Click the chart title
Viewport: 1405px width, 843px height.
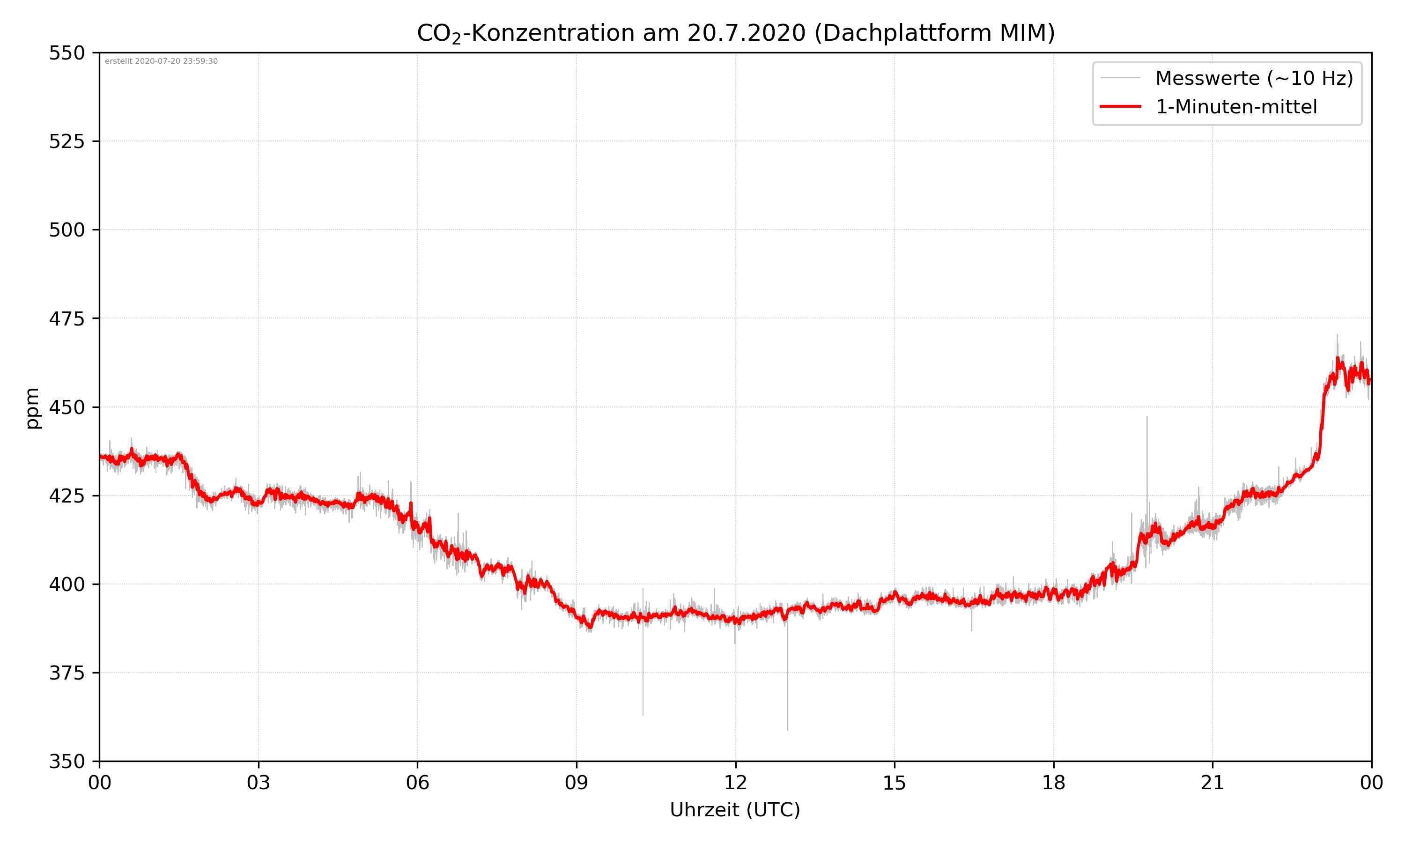(735, 33)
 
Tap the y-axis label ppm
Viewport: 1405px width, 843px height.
(32, 408)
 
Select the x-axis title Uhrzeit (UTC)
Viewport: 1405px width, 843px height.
(735, 809)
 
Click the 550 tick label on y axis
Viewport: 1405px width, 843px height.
(67, 53)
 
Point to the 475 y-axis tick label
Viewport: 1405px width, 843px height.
(67, 318)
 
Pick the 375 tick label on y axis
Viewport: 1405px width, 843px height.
(67, 673)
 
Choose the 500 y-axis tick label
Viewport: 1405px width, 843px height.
(67, 230)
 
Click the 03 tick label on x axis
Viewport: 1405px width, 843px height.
(259, 783)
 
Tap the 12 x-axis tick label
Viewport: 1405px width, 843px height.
(735, 783)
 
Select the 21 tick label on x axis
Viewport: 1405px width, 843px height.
(1213, 783)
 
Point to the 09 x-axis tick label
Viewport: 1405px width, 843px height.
(577, 783)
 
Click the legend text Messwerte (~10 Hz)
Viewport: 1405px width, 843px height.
(1254, 78)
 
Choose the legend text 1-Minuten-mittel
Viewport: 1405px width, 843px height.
(1236, 107)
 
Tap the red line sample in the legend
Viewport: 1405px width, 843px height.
(1120, 106)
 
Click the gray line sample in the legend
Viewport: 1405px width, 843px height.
(1120, 78)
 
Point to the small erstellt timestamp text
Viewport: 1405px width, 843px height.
(161, 61)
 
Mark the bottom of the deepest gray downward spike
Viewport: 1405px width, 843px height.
(787, 730)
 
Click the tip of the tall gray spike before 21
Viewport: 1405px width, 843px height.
(1146, 416)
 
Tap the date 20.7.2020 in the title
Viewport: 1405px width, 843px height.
(746, 33)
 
